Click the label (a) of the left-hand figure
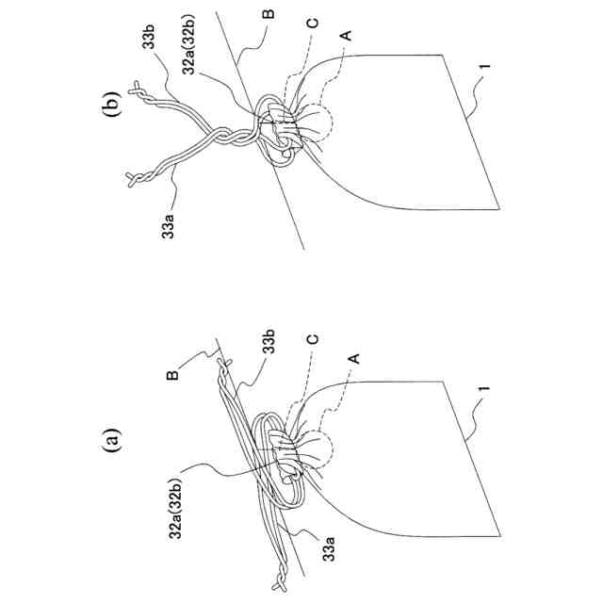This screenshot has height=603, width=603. pos(112,440)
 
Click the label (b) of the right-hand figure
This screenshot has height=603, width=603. pos(110,97)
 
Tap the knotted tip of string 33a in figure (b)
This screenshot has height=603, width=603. pos(132,177)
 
